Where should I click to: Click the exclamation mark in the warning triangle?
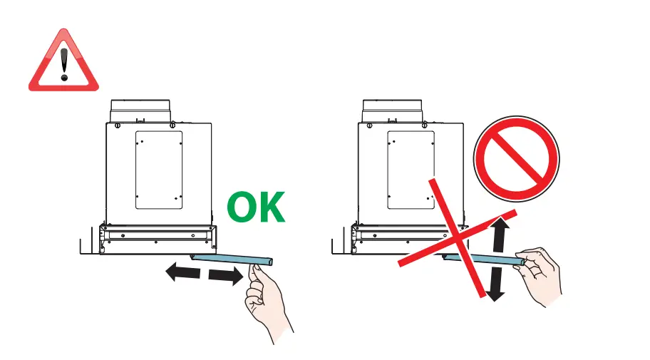(x=64, y=63)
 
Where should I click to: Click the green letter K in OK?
(x=272, y=208)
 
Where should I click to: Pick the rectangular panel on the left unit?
(x=158, y=170)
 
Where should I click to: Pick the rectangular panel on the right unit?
(x=411, y=170)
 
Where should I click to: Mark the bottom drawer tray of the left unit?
(x=158, y=238)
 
